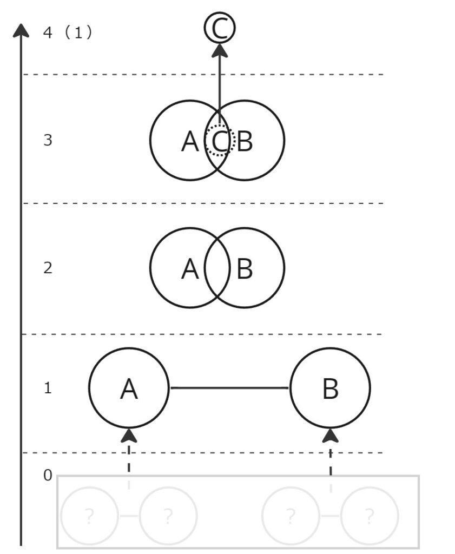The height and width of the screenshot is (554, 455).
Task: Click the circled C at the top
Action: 220,29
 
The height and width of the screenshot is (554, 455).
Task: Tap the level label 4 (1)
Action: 67,32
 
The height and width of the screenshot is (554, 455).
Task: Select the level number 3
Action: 48,141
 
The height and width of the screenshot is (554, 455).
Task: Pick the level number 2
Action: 48,268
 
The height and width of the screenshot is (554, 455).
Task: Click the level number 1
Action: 48,388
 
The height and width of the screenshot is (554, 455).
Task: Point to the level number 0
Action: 48,476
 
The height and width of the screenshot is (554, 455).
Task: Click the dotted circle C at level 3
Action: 219,141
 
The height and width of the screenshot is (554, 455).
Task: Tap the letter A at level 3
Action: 189,142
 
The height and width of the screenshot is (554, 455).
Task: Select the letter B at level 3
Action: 245,142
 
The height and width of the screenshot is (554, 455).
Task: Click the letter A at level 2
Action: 189,269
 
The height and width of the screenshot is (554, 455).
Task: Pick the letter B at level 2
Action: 245,269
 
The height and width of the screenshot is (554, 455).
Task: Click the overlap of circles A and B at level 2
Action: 217,268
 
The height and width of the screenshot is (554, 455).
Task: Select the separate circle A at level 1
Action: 129,388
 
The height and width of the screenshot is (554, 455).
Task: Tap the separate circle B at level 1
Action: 330,388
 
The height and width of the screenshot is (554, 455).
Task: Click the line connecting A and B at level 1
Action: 229,388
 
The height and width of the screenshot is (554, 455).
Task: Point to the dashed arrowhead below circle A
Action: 129,435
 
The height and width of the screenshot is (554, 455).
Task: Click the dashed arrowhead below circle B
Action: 331,435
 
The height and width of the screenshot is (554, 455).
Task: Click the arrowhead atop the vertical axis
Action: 21,30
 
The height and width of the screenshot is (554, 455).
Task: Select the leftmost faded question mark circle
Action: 89,517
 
